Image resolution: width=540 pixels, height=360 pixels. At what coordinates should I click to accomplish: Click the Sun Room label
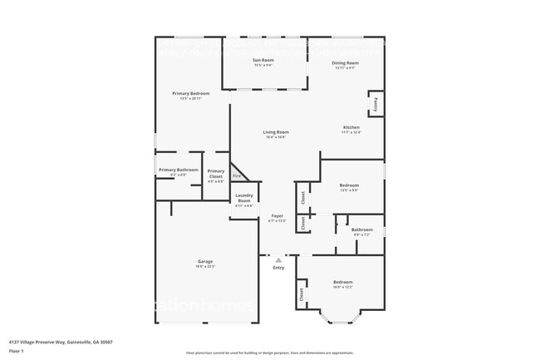point(263,62)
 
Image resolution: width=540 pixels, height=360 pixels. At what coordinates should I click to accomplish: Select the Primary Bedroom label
point(190,94)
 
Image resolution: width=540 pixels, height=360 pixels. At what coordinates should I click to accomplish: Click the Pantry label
point(376,104)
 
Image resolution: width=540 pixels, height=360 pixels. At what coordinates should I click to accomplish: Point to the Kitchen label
point(351,127)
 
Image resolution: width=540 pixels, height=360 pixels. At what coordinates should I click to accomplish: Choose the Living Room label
point(276,132)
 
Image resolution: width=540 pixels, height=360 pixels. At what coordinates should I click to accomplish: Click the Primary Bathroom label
point(178,170)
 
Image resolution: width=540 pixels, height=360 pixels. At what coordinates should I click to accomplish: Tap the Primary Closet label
point(215,174)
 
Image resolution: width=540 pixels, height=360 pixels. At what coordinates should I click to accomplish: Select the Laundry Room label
point(243,199)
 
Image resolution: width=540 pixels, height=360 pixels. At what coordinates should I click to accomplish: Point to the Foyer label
point(277,215)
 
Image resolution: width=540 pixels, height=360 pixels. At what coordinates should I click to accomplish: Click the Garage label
point(204,262)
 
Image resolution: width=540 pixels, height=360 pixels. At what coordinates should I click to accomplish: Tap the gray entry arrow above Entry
point(278,260)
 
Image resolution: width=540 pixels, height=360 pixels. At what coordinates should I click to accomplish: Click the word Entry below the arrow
point(278,268)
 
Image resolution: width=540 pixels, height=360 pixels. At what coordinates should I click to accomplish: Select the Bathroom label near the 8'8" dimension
point(361,229)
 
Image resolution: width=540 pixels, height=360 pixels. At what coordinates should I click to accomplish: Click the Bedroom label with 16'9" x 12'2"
point(343,282)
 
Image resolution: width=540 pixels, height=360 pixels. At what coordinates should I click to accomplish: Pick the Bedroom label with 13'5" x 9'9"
point(349,185)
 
